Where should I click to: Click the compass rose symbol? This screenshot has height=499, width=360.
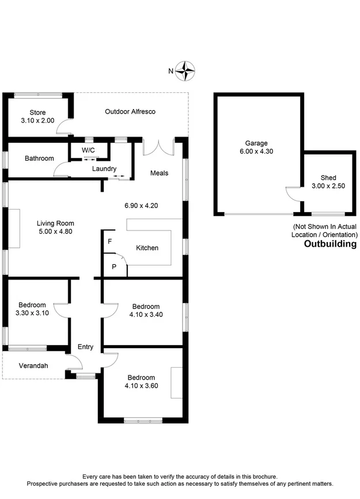[x=185, y=71]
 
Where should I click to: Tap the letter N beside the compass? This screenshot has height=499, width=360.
[x=170, y=71]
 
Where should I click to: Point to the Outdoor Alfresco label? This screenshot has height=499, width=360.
[x=130, y=111]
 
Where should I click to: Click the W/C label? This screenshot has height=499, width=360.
[x=88, y=150]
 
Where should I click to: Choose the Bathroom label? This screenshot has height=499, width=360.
[x=39, y=158]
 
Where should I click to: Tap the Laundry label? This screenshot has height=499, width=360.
[x=104, y=169]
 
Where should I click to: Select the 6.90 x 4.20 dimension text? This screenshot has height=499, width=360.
[x=141, y=205]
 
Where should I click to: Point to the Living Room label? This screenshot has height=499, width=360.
[x=55, y=224]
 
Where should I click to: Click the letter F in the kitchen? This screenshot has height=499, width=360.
[x=109, y=241]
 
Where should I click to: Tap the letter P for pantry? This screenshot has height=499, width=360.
[x=114, y=267]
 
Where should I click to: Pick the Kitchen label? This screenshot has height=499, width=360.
[x=147, y=248]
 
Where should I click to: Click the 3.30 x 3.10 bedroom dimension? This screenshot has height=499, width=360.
[x=32, y=313]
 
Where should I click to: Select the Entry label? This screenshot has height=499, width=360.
[x=85, y=347]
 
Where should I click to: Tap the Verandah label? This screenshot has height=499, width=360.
[x=33, y=366]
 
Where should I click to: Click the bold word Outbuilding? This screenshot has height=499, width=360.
[x=330, y=244]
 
